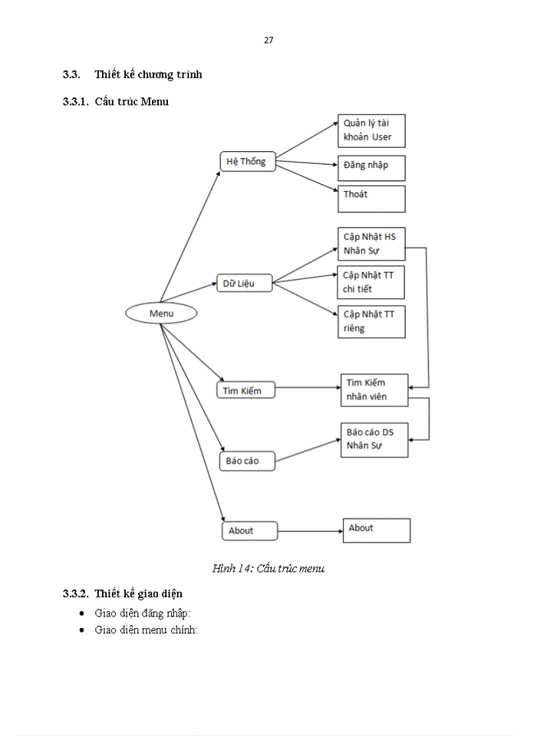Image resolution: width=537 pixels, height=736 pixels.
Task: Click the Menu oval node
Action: click(161, 313)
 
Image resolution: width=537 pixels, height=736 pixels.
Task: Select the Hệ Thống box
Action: click(247, 161)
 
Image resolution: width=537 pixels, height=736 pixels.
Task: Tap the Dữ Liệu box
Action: click(245, 283)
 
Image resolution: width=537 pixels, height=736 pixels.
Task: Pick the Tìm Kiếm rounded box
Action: click(245, 390)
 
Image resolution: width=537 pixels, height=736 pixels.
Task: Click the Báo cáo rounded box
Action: click(247, 461)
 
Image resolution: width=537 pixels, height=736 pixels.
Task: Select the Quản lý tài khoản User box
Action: click(371, 131)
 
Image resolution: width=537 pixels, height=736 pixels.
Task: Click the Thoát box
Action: click(371, 199)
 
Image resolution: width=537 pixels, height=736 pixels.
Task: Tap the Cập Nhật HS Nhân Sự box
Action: click(371, 243)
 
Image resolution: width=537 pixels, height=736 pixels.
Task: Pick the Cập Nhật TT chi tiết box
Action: click(371, 282)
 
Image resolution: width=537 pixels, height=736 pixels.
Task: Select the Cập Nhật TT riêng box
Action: click(371, 321)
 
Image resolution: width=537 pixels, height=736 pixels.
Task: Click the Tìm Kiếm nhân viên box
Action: click(374, 389)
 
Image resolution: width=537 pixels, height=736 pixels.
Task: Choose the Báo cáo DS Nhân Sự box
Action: click(374, 439)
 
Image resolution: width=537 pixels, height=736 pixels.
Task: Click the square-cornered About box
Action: click(376, 531)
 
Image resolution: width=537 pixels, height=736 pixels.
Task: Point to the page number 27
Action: click(268, 41)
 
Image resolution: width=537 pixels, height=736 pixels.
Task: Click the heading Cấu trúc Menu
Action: click(132, 101)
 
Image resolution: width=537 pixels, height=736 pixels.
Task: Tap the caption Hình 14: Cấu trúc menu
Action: click(268, 568)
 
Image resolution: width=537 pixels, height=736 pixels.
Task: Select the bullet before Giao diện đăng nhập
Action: click(83, 613)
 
